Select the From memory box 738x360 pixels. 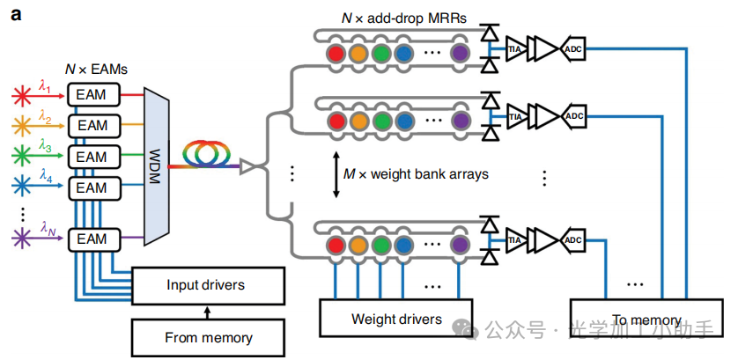pos(209,337)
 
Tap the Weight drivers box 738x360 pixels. pos(396,319)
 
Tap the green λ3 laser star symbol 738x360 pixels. pos(20,155)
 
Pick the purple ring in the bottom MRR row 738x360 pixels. pos(459,244)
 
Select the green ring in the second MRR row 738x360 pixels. pos(380,120)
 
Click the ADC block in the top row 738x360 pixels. pos(574,48)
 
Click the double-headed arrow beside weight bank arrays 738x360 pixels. pos(336,174)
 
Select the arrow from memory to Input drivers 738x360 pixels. pos(209,311)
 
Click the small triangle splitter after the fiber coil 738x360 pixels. pos(248,165)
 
